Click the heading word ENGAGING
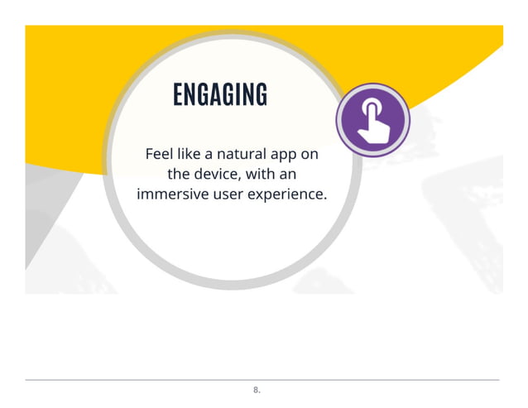[219, 95]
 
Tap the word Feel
[161, 155]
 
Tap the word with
[264, 175]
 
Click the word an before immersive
[288, 175]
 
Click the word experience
[290, 197]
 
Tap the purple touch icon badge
[372, 120]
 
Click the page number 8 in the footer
[256, 389]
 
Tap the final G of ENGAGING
[261, 95]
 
